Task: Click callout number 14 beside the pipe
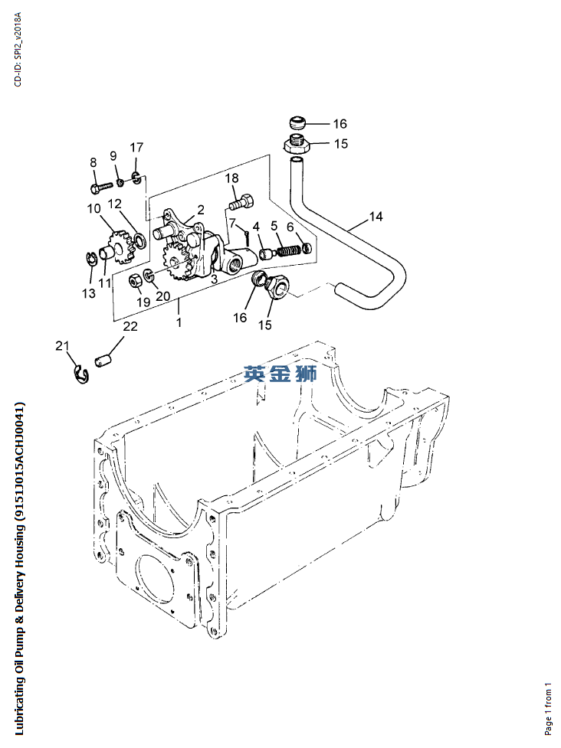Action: [375, 217]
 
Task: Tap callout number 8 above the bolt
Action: [93, 162]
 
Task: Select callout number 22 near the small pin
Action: [131, 327]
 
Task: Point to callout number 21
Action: [62, 346]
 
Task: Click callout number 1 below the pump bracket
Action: [179, 322]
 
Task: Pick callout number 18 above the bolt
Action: [231, 178]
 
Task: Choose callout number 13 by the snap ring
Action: [89, 293]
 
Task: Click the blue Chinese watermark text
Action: [280, 374]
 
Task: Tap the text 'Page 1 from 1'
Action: [547, 707]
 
